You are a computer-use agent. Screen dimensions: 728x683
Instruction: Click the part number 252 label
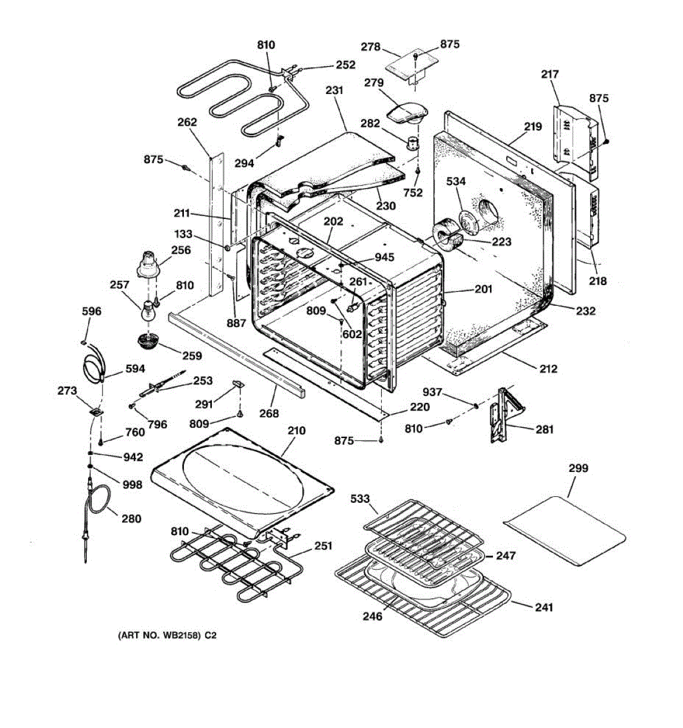(345, 65)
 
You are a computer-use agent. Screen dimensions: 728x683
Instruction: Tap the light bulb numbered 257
(147, 311)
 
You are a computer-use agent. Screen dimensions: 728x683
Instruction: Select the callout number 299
(578, 468)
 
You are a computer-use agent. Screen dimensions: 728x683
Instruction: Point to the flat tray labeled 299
(565, 530)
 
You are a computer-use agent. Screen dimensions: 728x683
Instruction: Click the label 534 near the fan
(456, 181)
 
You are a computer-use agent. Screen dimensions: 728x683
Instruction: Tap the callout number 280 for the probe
(131, 518)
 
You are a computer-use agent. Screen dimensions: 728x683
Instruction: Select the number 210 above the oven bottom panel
(296, 431)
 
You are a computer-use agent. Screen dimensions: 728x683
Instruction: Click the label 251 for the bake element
(323, 546)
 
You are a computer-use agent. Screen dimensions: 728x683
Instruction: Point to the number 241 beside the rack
(543, 607)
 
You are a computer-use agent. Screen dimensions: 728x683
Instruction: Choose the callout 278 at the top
(370, 47)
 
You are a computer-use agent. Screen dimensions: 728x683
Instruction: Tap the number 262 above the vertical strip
(187, 122)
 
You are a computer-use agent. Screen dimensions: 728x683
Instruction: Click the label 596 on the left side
(92, 311)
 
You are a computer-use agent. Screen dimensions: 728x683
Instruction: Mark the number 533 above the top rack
(360, 499)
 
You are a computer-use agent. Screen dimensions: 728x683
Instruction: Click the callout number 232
(585, 311)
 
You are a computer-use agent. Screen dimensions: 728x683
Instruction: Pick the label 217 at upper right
(549, 74)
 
